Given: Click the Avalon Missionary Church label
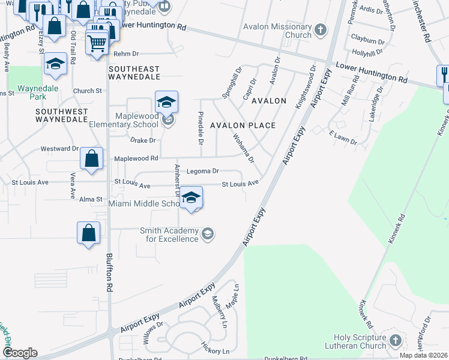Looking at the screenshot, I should (x=277, y=31).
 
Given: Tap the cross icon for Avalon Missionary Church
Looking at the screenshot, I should (x=321, y=29).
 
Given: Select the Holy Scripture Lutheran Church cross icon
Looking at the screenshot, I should (x=395, y=341).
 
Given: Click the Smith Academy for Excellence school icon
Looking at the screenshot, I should (x=207, y=233).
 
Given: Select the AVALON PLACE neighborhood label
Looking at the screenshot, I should (x=243, y=125).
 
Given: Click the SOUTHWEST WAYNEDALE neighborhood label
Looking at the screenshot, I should (x=62, y=116).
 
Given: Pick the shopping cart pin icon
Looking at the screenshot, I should (x=97, y=43).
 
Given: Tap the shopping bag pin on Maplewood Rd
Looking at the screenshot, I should (x=91, y=160).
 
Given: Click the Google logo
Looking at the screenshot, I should (x=19, y=353).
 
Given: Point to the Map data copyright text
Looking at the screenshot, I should (x=423, y=355).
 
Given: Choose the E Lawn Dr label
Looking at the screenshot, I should (x=343, y=140).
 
